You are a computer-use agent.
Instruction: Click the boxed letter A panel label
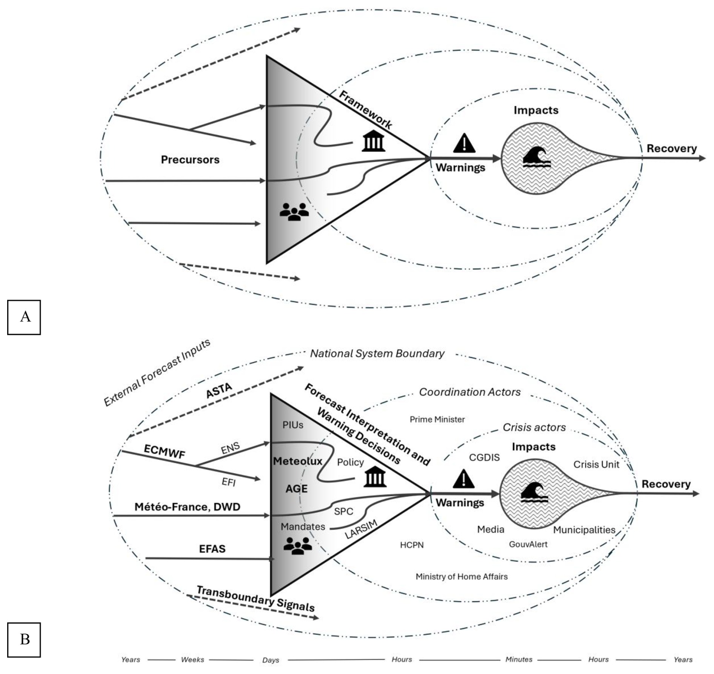(24, 317)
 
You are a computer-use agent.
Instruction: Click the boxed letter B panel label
(24, 639)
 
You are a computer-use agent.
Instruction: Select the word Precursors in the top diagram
(190, 160)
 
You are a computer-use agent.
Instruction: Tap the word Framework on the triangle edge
(365, 110)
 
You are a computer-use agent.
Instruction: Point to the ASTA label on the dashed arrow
(219, 390)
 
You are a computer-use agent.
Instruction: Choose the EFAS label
(212, 549)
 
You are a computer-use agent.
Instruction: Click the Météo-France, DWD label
(187, 507)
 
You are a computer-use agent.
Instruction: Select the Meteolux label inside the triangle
(298, 461)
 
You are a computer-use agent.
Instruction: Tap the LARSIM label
(361, 529)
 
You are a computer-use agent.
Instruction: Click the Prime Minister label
(437, 419)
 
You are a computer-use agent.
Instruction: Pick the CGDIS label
(484, 458)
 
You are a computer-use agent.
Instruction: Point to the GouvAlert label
(528, 544)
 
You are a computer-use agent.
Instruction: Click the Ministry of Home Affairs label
(461, 577)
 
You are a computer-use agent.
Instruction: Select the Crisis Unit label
(596, 464)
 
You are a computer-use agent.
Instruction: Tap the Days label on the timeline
(271, 660)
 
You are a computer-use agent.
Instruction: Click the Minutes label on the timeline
(519, 659)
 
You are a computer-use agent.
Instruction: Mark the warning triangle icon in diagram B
(463, 480)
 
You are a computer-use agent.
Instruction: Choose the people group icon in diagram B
(298, 546)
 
